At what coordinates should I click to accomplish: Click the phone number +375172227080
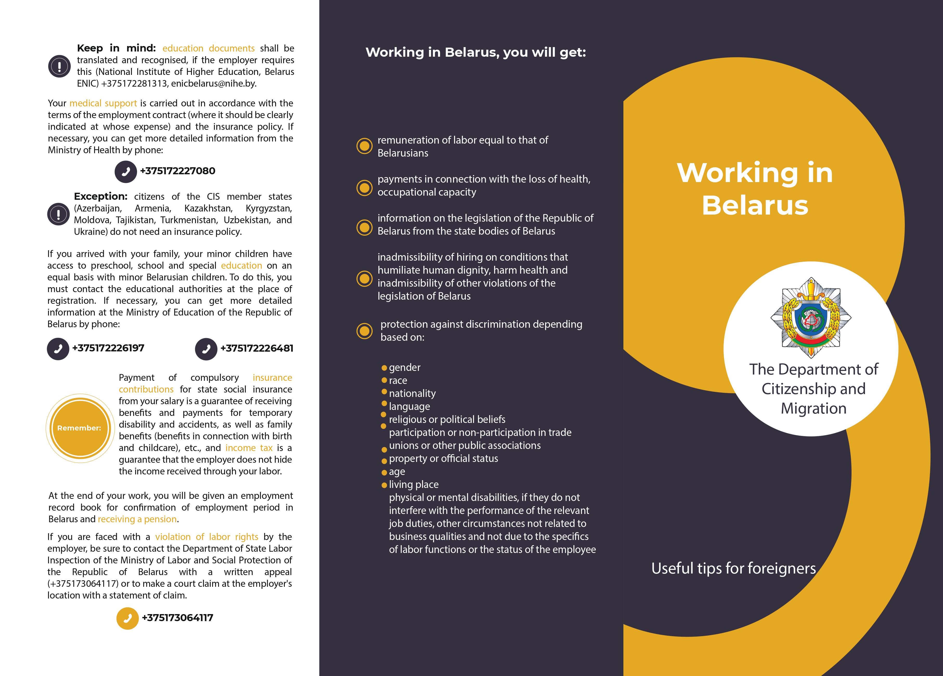point(178,171)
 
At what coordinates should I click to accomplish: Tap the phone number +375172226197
point(108,348)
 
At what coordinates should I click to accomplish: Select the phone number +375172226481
point(256,348)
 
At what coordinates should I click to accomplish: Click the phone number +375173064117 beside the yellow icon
point(178,618)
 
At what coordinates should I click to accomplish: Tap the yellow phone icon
point(127,618)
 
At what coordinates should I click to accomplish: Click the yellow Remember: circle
point(79,428)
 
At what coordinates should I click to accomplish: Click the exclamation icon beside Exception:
point(58,214)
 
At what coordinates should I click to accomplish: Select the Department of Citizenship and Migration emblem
point(811,318)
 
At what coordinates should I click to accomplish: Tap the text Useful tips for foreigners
point(733,568)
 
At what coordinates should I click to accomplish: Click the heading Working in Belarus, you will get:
point(475,52)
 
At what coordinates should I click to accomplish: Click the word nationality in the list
point(412,393)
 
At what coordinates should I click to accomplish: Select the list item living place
point(414,484)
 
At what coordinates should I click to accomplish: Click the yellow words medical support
point(103,103)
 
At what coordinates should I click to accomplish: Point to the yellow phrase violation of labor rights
point(207,537)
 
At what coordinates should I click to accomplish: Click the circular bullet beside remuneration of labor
point(364,146)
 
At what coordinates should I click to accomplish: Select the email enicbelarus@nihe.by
point(213,83)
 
